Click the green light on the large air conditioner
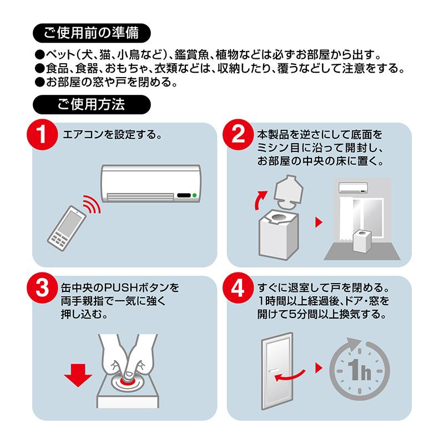(195, 195)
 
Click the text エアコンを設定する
(112, 134)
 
